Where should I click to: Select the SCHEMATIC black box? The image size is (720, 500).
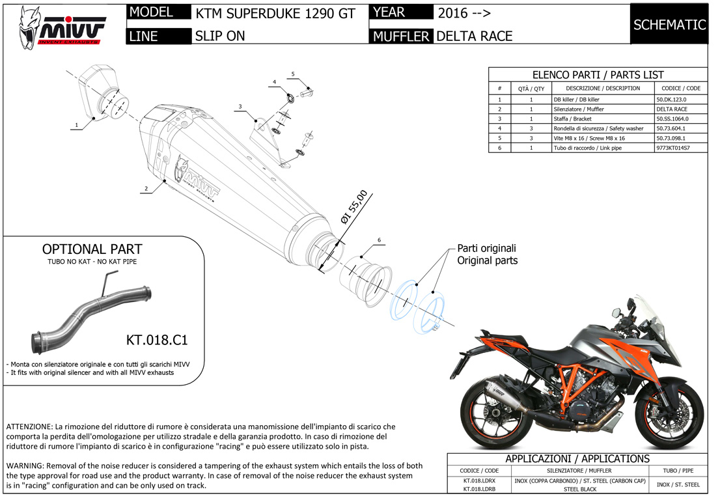(669, 25)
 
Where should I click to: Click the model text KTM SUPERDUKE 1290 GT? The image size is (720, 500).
(275, 13)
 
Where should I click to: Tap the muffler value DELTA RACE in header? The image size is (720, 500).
(475, 36)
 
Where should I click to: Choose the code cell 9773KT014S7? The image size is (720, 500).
(672, 148)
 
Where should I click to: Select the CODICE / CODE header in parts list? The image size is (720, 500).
(680, 88)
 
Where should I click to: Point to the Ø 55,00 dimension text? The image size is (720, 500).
(355, 208)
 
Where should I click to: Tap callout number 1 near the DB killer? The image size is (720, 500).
(76, 124)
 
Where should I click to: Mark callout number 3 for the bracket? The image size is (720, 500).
(240, 106)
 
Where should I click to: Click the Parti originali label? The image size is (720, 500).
(486, 248)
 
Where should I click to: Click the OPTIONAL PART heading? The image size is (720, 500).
(92, 249)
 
